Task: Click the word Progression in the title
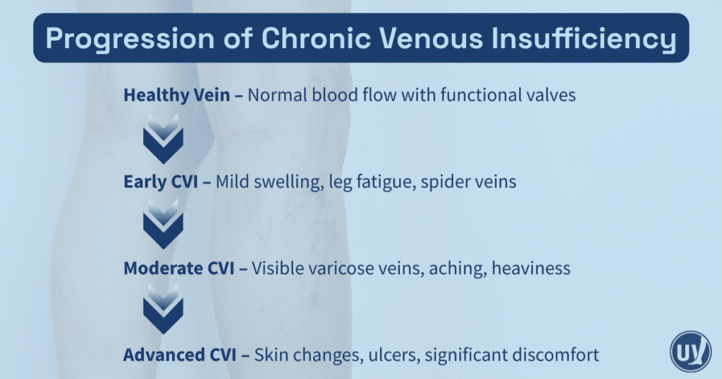pyautogui.click(x=130, y=39)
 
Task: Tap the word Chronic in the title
pyautogui.click(x=316, y=38)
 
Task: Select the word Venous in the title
pyautogui.click(x=432, y=38)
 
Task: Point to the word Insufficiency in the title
pyautogui.click(x=584, y=39)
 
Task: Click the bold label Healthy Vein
pyautogui.click(x=177, y=95)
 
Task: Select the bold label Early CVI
pyautogui.click(x=161, y=182)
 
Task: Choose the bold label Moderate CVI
pyautogui.click(x=179, y=268)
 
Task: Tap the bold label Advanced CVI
pyautogui.click(x=180, y=354)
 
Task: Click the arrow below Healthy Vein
pyautogui.click(x=163, y=139)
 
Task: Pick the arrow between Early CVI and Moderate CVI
pyautogui.click(x=163, y=225)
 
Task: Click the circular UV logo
pyautogui.click(x=691, y=352)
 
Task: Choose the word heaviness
pyautogui.click(x=531, y=268)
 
